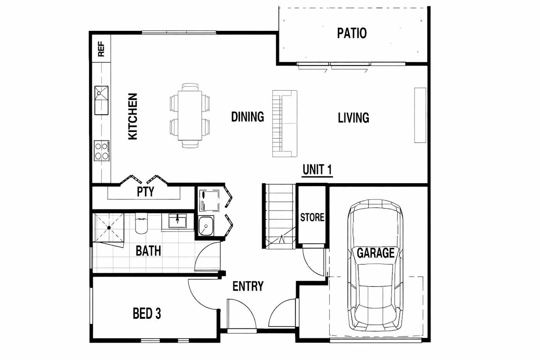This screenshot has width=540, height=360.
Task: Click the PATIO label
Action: [351, 33]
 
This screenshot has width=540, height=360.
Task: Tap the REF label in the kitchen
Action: [101, 49]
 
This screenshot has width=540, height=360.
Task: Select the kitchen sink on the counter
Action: [101, 100]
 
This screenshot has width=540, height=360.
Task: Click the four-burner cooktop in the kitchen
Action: [102, 151]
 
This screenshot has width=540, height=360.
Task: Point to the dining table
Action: [189, 116]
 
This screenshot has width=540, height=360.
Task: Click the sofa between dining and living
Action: [285, 123]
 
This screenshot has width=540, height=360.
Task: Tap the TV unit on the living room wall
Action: [420, 115]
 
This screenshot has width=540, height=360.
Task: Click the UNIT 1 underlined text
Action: [317, 170]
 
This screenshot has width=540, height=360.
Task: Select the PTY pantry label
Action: [145, 192]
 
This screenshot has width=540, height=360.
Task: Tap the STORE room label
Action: [312, 217]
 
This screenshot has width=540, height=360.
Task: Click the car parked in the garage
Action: [375, 266]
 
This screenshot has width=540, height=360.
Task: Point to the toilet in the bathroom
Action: [141, 224]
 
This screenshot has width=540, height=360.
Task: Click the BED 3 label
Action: [147, 313]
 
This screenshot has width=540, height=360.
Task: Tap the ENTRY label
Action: [248, 286]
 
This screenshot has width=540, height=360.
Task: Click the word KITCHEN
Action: [132, 116]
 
